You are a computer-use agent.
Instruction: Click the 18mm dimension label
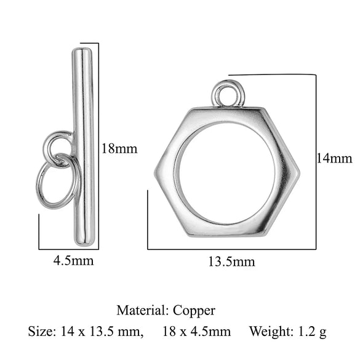coord(118,149)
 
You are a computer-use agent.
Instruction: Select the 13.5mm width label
coord(231,262)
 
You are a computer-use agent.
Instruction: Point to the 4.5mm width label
coord(74,260)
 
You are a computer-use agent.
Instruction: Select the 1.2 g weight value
coord(312,332)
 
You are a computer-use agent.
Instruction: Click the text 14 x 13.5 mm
coord(102,332)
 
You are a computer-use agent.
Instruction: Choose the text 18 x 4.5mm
coord(196,332)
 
